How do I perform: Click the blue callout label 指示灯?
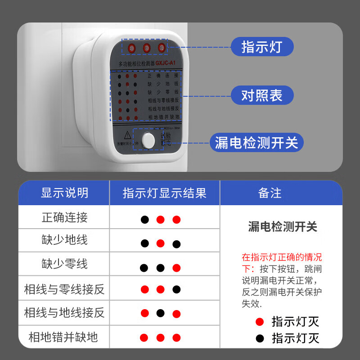[x=262, y=46]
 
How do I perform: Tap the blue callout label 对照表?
[x=262, y=95]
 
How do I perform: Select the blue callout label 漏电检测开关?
[x=256, y=143]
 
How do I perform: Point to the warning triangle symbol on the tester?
[x=127, y=134]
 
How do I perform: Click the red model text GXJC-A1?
[x=162, y=64]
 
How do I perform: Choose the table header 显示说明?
[x=64, y=193]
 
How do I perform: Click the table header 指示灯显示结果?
[x=164, y=193]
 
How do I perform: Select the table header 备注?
[x=270, y=193]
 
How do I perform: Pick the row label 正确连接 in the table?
[x=64, y=218]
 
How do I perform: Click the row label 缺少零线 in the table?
[x=64, y=264]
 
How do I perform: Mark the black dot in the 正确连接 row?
[x=144, y=220]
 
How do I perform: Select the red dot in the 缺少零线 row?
[x=176, y=268]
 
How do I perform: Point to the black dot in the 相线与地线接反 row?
[x=160, y=313]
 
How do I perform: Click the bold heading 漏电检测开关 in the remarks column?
[x=283, y=227]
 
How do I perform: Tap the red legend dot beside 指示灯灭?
[x=259, y=322]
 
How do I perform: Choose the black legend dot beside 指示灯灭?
[x=259, y=338]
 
